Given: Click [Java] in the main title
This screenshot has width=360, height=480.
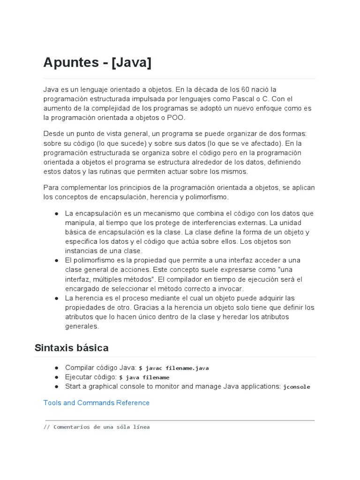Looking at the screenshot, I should tap(131, 62).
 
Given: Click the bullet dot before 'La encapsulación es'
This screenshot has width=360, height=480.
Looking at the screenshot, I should tap(56, 213).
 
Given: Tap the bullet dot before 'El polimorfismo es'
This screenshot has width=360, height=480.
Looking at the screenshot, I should tap(56, 260).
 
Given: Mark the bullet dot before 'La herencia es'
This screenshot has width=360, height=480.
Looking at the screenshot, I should tap(56, 298).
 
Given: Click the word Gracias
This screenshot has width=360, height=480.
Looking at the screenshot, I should tap(146, 307).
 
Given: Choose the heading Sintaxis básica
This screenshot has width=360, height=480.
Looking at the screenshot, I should tap(71, 348).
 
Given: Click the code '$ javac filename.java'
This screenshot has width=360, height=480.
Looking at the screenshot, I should tap(173, 368).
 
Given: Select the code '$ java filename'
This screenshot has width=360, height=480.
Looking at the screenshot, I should tap(144, 377).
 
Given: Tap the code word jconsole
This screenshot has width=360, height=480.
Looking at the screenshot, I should tap(297, 387).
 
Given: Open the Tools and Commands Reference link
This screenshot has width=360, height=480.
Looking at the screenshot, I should tap(96, 403).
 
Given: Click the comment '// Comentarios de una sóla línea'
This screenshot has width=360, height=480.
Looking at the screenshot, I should tap(97, 427).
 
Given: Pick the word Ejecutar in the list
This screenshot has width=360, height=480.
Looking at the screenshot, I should tap(79, 377).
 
